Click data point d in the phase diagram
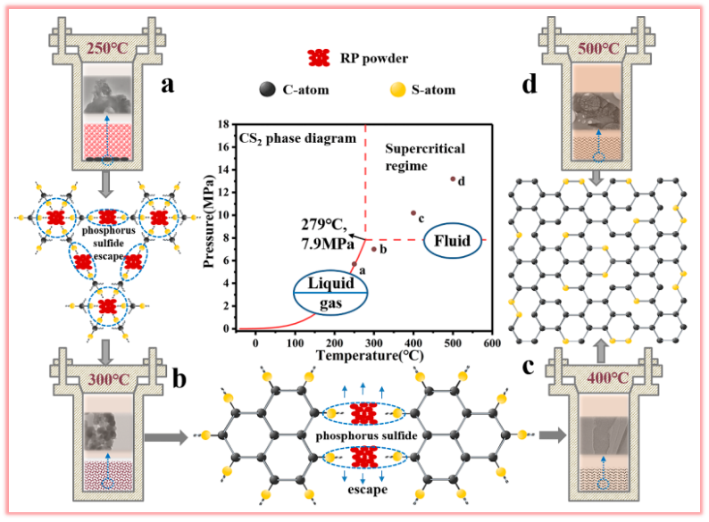tap(453, 179)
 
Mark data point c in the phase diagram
tap(413, 213)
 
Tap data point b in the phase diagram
tap(373, 249)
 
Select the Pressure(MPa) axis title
tap(208, 227)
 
